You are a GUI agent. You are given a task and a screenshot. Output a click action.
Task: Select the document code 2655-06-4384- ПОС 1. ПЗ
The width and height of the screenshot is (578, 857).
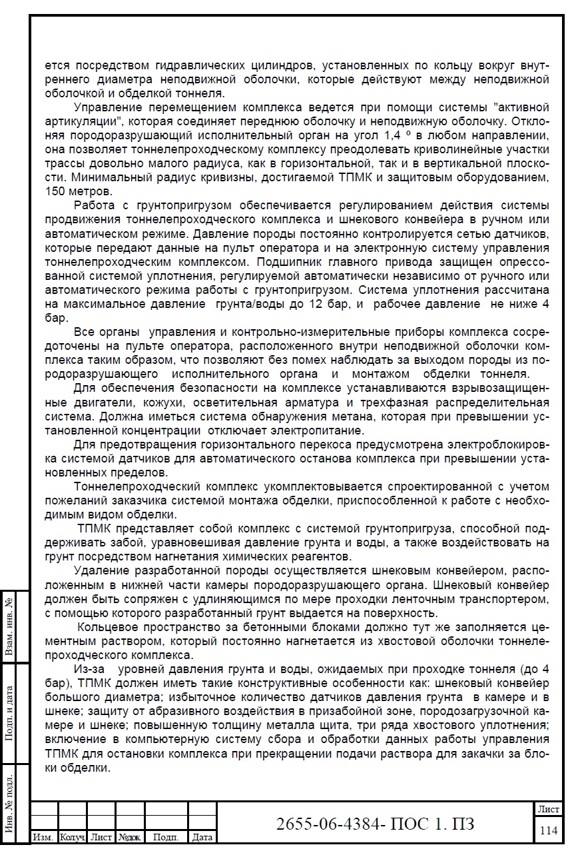375,824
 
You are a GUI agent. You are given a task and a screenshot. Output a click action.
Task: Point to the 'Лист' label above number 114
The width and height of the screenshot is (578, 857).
549,808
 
